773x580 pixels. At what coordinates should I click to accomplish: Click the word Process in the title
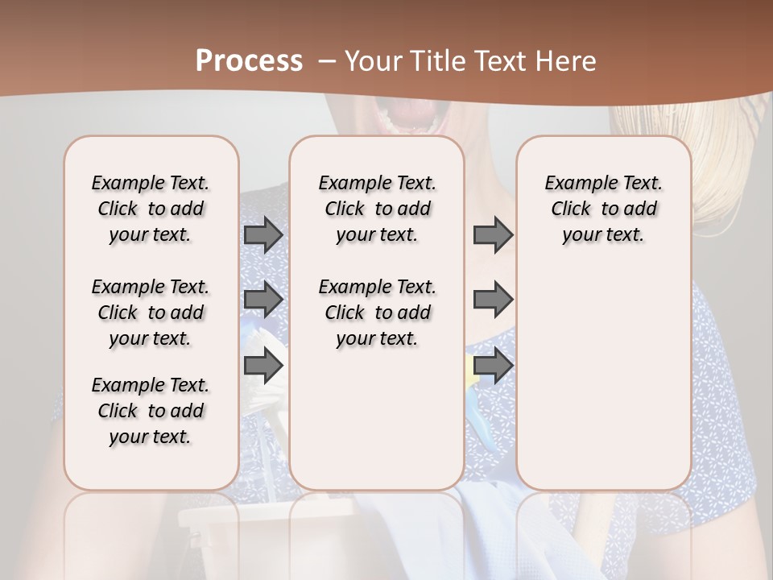click(249, 61)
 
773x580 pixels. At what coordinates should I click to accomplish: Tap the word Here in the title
click(565, 61)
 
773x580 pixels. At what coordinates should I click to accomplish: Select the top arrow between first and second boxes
click(263, 234)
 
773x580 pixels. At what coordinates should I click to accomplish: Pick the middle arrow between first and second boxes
click(263, 300)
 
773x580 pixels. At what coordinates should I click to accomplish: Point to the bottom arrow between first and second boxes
click(263, 366)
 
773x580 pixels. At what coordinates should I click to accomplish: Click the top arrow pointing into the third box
click(493, 234)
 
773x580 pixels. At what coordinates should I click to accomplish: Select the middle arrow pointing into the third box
click(493, 300)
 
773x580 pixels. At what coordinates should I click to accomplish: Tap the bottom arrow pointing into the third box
click(493, 366)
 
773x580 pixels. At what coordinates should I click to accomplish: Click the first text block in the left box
click(151, 209)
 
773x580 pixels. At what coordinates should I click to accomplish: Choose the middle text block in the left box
click(151, 313)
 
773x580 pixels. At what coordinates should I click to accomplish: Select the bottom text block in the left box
click(151, 411)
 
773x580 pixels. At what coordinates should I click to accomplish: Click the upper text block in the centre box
click(378, 209)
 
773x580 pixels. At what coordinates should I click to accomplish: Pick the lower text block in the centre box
click(378, 313)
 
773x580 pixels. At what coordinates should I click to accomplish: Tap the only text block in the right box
click(604, 209)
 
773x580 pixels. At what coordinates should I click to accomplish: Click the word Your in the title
click(374, 61)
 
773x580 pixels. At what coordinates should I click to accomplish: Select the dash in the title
click(326, 61)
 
